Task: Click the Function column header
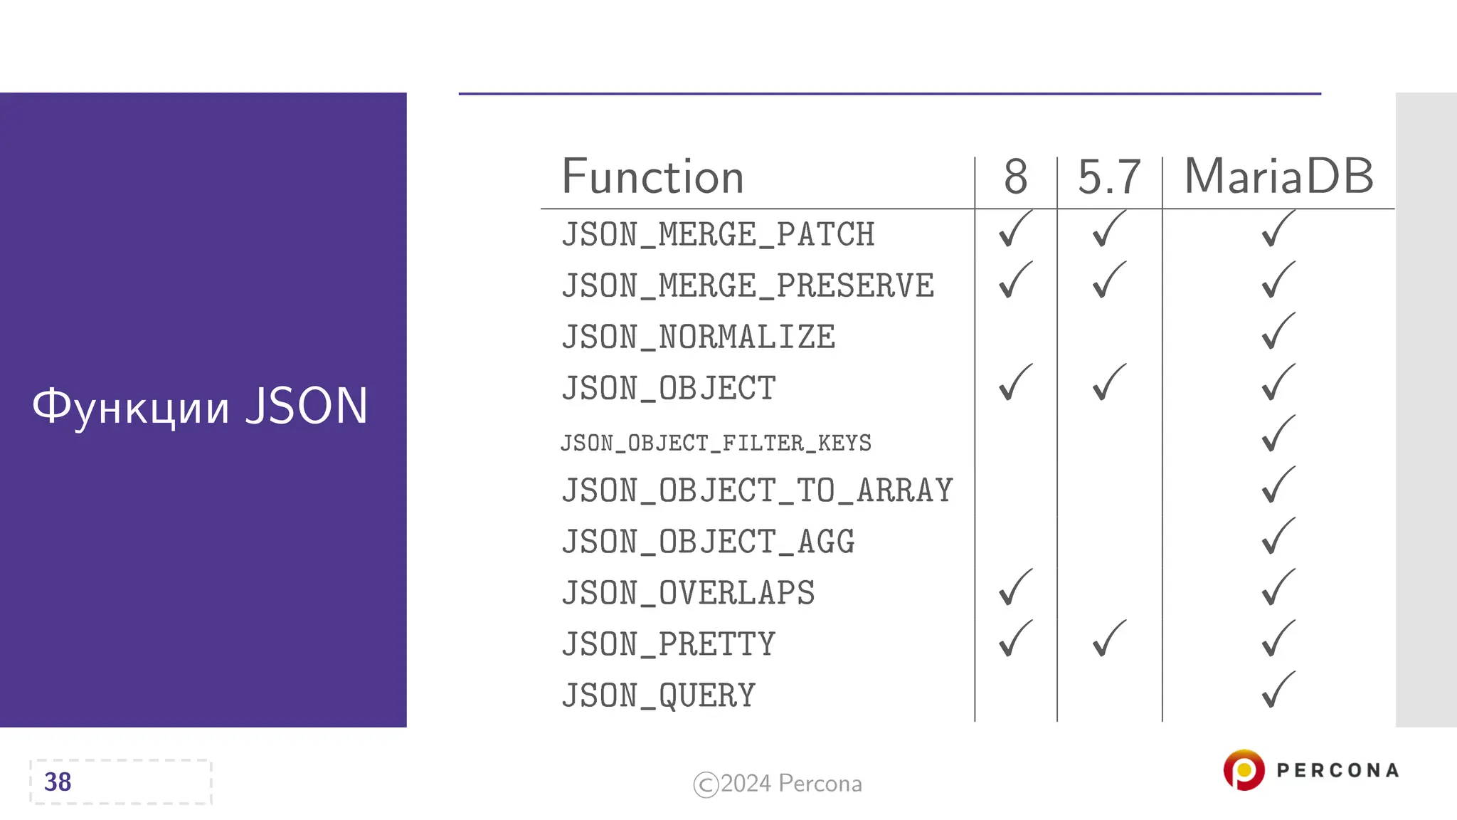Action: [652, 177]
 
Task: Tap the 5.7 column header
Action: [1109, 177]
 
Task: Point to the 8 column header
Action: [1015, 177]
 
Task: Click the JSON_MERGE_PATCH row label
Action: [718, 235]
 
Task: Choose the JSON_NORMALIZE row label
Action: [698, 337]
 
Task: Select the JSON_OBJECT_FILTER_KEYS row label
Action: [716, 443]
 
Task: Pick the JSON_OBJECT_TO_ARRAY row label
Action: [757, 491]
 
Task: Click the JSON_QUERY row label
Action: [658, 696]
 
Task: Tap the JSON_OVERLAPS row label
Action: [688, 594]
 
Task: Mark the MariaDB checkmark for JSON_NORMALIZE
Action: [1278, 332]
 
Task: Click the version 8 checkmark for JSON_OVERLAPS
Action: [1014, 588]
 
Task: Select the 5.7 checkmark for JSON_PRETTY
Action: [1108, 639]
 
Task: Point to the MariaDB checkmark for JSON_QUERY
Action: [1278, 690]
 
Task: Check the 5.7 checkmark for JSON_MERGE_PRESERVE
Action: [1108, 280]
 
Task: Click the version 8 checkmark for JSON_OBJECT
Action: [1014, 383]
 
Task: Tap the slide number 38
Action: [58, 782]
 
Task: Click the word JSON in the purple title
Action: [307, 406]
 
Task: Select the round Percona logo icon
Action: [1244, 770]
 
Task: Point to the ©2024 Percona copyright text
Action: [778, 784]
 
